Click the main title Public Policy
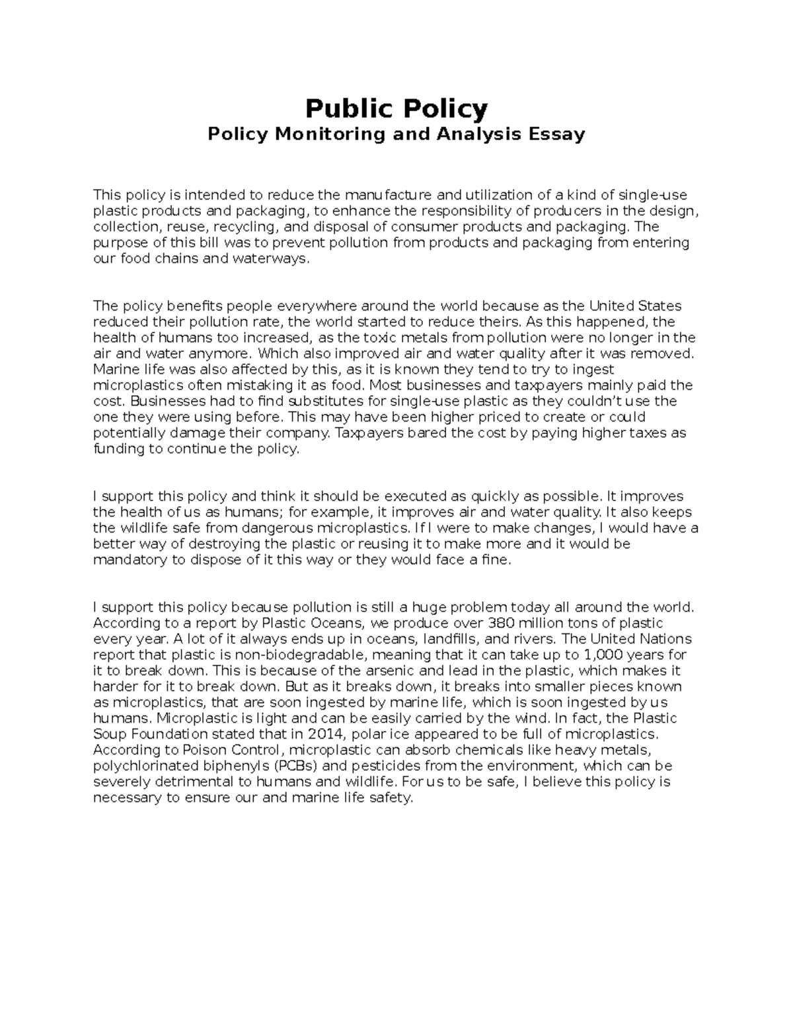click(x=396, y=108)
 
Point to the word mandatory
click(x=126, y=560)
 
